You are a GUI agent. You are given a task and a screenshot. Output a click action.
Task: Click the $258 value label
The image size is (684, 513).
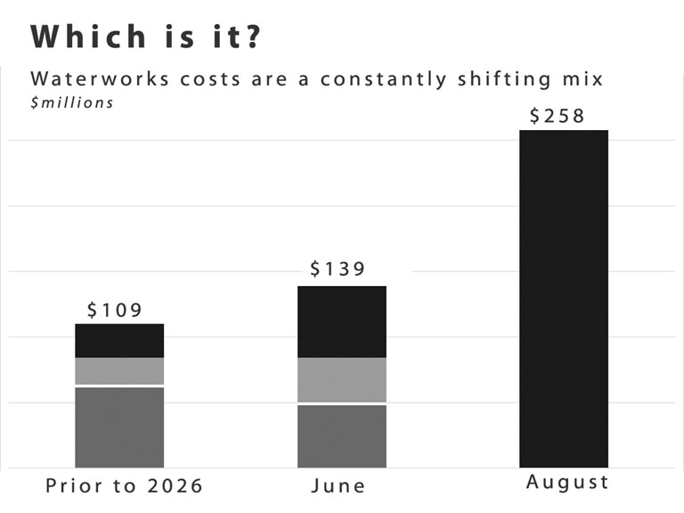point(557,116)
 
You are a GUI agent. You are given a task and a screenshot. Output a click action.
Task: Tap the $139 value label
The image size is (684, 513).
point(338,269)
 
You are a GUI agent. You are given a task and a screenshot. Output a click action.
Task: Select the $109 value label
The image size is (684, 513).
point(115,310)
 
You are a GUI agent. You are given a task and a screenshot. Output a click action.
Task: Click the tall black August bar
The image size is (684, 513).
point(564,299)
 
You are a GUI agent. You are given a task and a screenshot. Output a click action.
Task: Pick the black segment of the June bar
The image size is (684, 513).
point(342,322)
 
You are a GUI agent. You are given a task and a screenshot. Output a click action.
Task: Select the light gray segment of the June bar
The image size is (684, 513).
point(342,380)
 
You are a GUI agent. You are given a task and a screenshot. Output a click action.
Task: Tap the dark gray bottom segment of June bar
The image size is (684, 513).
point(342,436)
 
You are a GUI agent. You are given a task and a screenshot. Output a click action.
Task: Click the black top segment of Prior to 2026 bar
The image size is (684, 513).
point(119,341)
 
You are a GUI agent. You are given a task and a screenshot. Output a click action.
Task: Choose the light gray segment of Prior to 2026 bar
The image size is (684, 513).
point(119,371)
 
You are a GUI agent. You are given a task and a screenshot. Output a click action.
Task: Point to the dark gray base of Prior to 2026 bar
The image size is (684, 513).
point(119,427)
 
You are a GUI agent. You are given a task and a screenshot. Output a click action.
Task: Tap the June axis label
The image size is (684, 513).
point(338,486)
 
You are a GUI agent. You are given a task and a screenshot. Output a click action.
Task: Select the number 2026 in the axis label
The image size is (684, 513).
point(175,486)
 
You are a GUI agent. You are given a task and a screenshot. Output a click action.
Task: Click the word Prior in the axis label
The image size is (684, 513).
point(74,486)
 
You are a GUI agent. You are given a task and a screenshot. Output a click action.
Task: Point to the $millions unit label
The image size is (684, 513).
point(72,103)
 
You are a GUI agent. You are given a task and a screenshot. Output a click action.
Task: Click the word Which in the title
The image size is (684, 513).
point(88,37)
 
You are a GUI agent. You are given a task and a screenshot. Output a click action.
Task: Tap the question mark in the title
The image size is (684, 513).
point(252,37)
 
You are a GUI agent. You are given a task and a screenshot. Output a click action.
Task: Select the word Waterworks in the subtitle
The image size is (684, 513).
point(100,79)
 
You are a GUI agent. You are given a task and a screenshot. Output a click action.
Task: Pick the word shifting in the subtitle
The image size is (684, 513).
point(504,80)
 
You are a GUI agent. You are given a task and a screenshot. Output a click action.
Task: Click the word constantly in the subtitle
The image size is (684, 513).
point(384,80)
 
